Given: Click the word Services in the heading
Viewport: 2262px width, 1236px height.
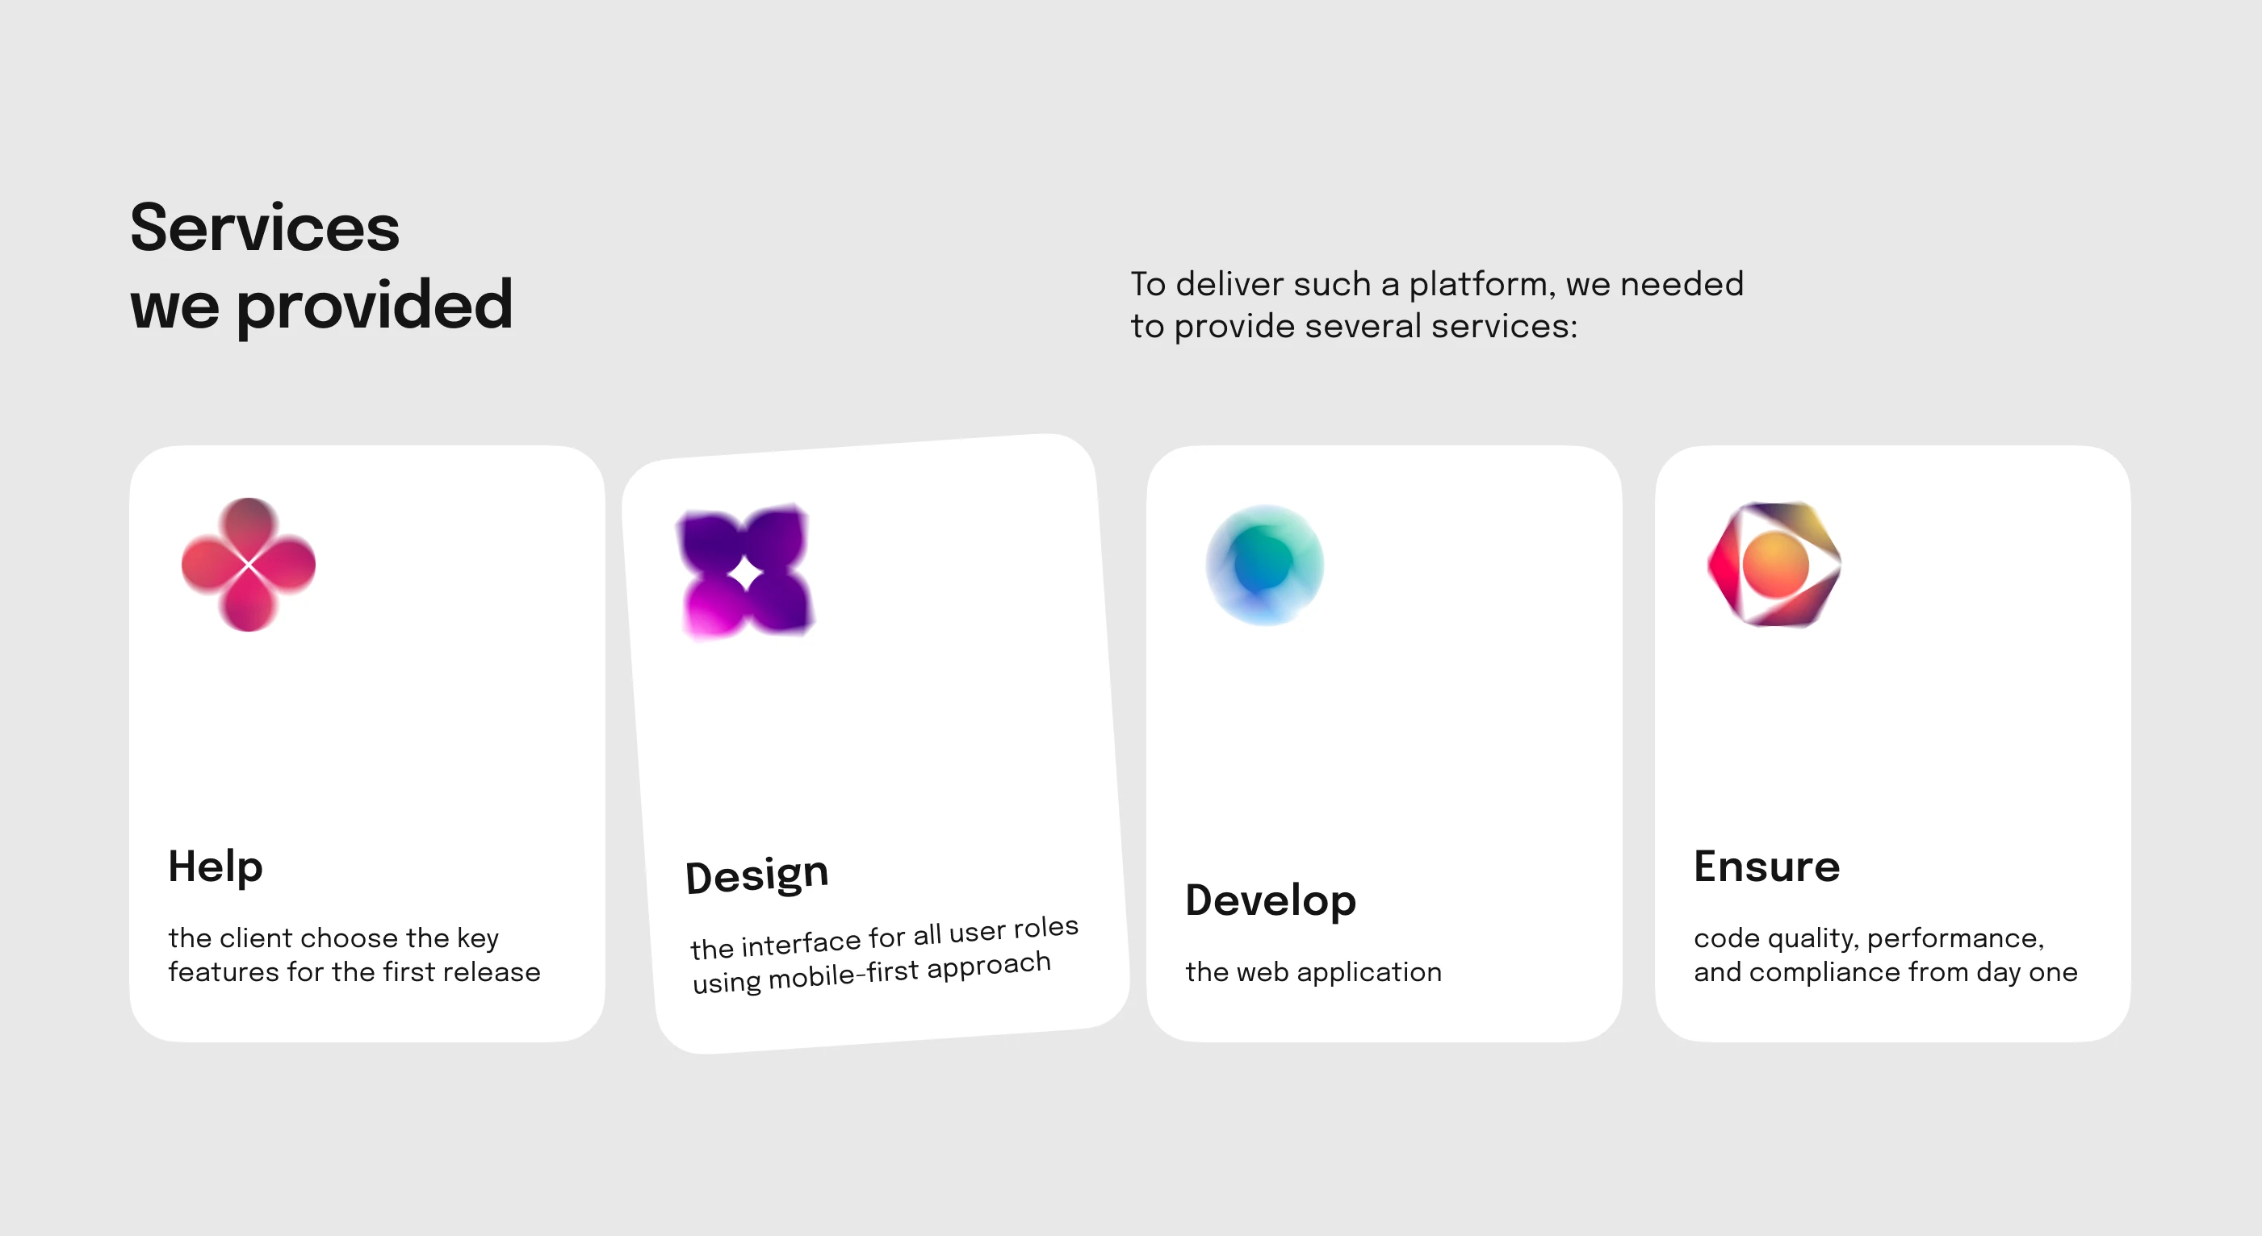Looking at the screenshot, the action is coord(265,228).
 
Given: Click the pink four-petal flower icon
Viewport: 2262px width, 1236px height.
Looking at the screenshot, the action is coord(249,565).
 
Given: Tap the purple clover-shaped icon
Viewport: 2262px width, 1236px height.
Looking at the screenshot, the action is coord(745,571).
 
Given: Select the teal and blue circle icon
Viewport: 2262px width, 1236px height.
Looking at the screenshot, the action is coord(1264,565).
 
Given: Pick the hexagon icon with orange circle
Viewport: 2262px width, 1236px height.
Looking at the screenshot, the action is coord(1774,565).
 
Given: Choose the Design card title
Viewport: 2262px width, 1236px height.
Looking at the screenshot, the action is coord(757,875).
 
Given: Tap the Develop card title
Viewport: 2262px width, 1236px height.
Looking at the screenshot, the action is coord(1271,900).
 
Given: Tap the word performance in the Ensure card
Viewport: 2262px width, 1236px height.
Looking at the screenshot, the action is coord(1955,938).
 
